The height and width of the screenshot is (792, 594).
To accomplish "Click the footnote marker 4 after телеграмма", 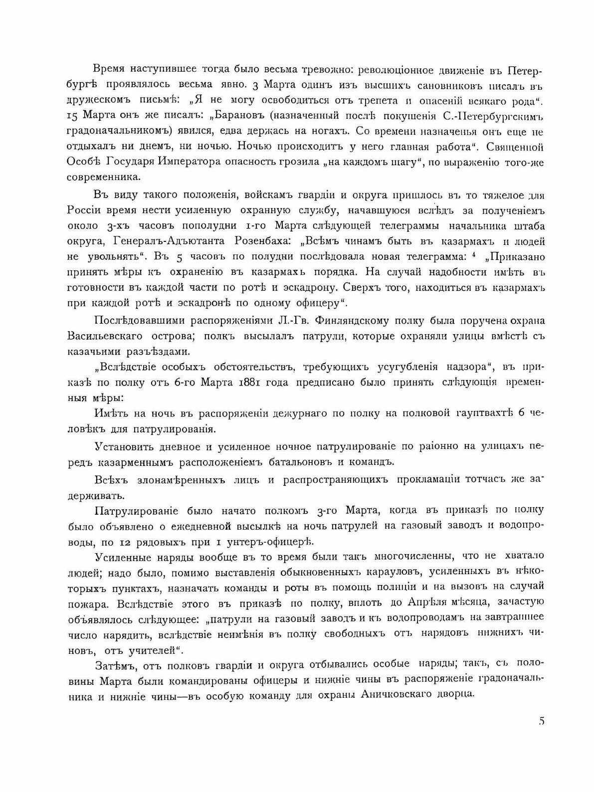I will click(477, 255).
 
